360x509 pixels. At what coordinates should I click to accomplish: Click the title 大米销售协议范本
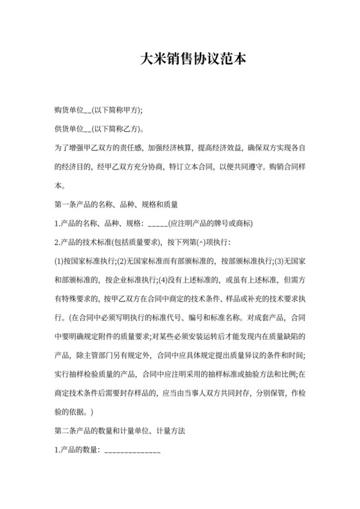[193, 60]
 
